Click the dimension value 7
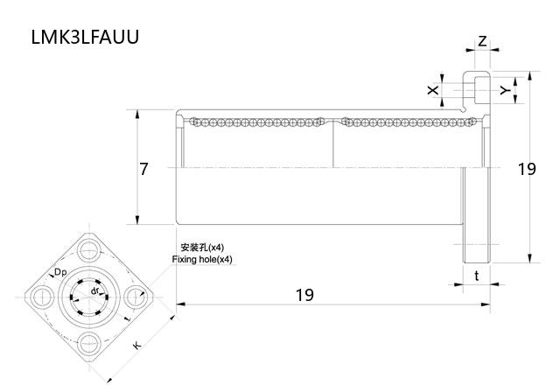(144, 169)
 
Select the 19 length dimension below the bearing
(304, 295)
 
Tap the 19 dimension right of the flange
(526, 169)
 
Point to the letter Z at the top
(482, 41)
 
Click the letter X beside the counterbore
(432, 90)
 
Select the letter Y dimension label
(504, 90)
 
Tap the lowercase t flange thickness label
(476, 276)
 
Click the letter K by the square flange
(137, 346)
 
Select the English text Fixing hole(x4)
(202, 260)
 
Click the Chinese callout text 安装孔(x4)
(201, 248)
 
